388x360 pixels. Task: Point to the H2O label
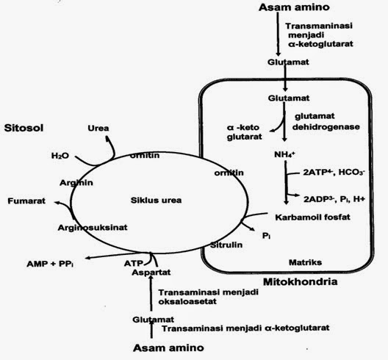(x=60, y=156)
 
